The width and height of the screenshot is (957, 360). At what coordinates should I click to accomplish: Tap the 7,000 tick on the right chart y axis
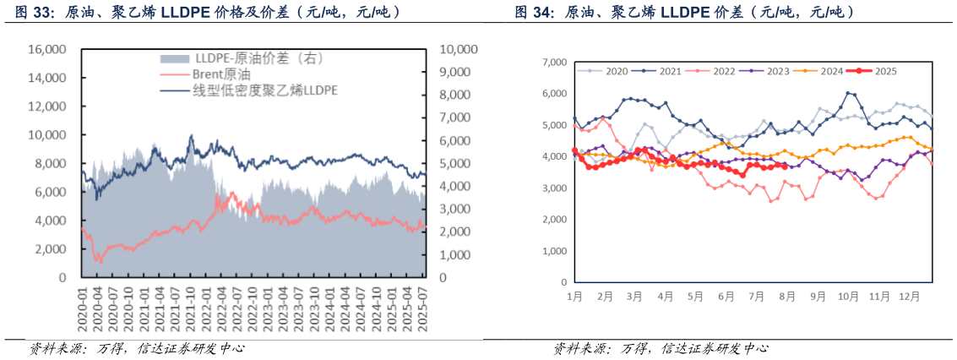(553, 63)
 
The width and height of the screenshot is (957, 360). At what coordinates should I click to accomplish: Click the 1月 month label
(574, 297)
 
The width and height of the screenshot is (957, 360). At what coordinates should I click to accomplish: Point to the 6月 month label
(726, 297)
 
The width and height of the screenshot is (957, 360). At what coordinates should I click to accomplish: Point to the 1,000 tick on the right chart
(553, 251)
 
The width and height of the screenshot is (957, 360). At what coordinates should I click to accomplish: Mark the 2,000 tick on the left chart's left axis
(53, 249)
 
